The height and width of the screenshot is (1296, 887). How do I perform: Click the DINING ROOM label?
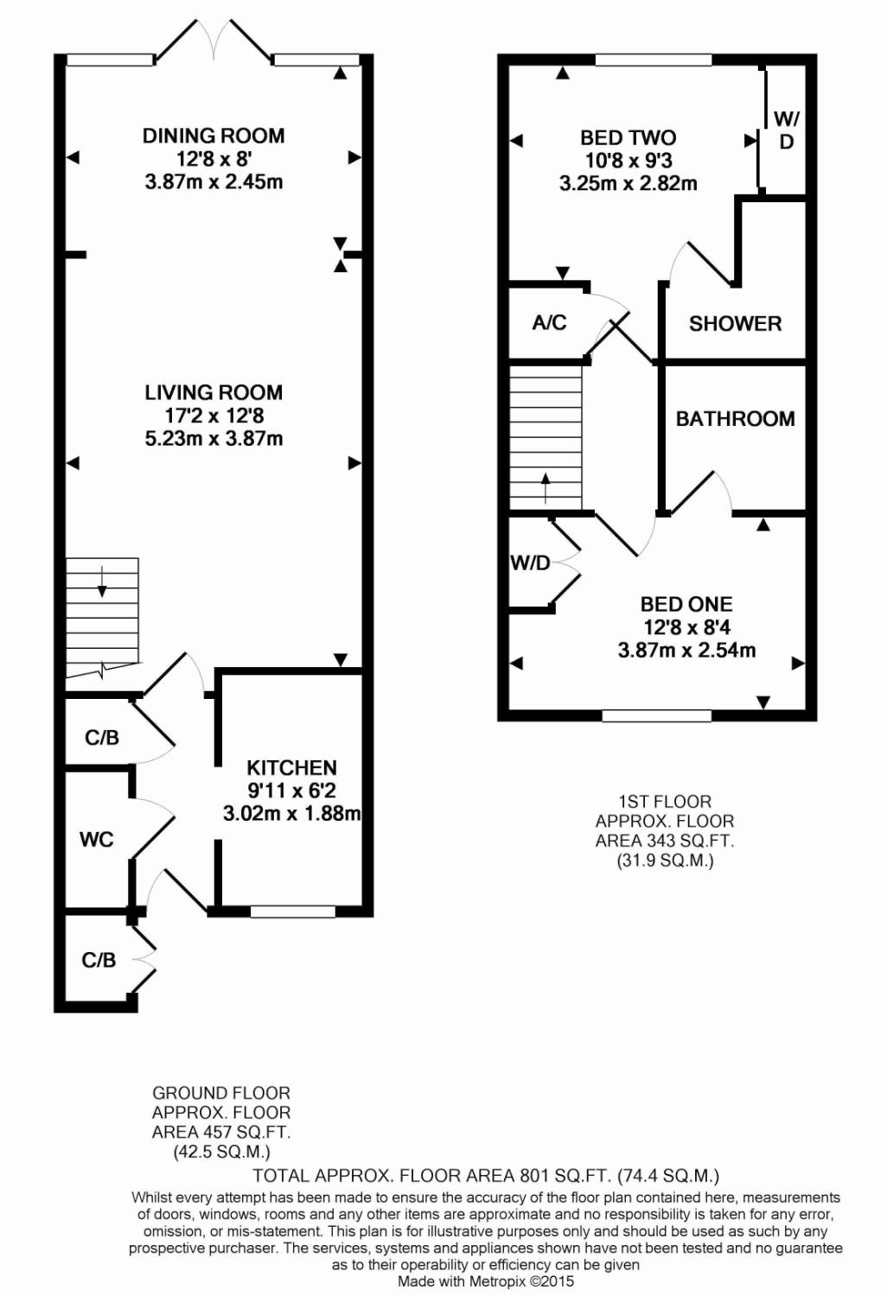tap(214, 136)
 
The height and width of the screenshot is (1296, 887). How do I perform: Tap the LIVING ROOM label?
tap(214, 392)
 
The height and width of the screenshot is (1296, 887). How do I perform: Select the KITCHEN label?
tap(291, 767)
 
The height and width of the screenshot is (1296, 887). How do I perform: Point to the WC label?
tap(96, 839)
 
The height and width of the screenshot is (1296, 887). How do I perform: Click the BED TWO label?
tap(628, 137)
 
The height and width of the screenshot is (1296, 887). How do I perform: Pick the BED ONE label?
tap(686, 604)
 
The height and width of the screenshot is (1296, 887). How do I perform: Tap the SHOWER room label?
tap(735, 323)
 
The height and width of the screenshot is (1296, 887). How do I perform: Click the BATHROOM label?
tap(735, 418)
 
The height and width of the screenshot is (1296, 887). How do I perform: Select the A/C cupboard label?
tap(549, 322)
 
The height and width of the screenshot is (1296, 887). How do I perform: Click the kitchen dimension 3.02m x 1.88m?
tap(291, 813)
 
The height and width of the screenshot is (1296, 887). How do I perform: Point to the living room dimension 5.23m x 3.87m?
tap(214, 438)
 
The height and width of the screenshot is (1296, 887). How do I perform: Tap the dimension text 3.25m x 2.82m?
tap(628, 183)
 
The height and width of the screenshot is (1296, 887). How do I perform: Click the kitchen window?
tap(292, 912)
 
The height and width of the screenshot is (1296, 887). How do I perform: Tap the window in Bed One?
tap(656, 715)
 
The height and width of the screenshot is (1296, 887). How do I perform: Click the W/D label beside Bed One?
tap(530, 563)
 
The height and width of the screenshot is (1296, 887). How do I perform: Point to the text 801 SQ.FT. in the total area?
tap(565, 1175)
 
